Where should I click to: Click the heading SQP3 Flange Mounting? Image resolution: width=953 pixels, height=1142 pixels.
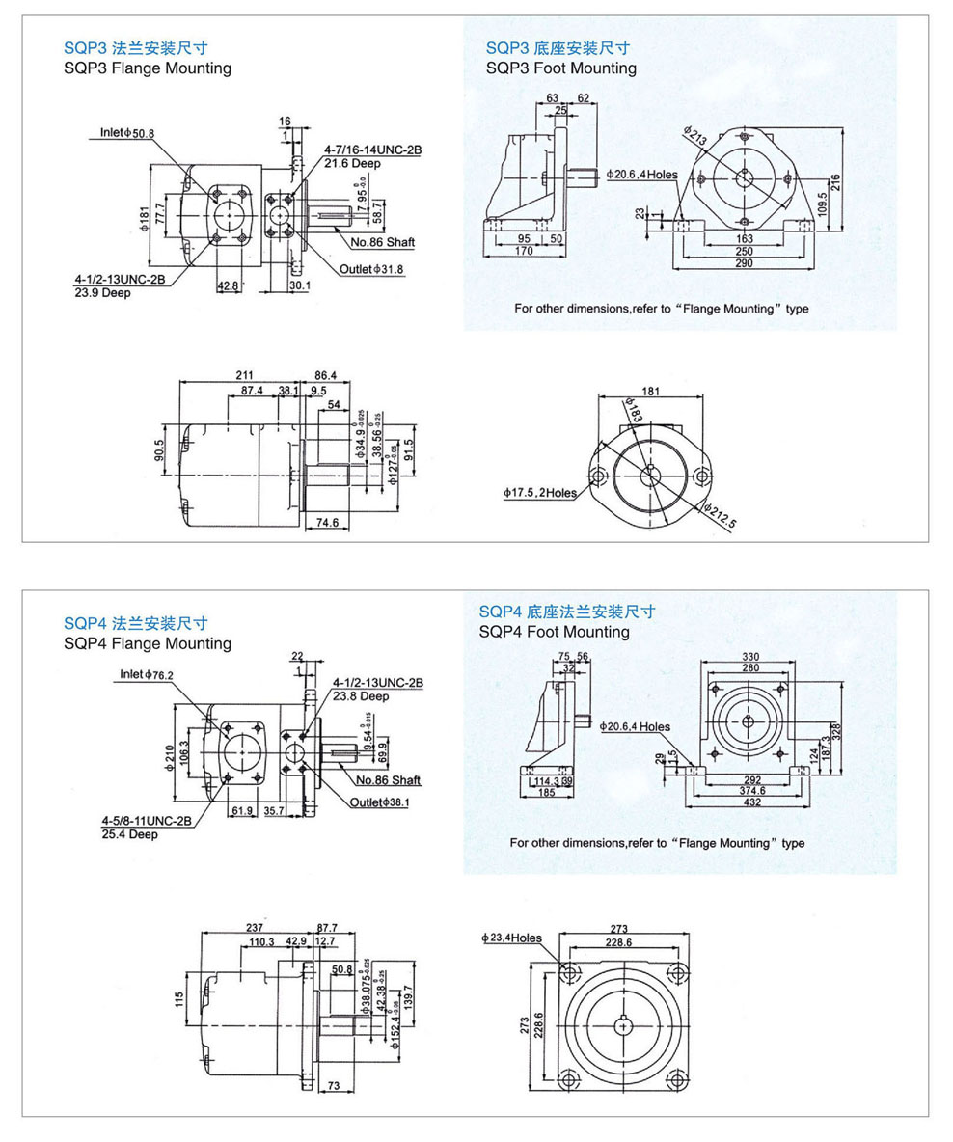tap(147, 68)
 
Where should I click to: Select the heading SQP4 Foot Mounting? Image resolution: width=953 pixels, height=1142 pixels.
tap(554, 632)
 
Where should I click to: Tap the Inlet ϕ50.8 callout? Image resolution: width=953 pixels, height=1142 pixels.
tap(127, 132)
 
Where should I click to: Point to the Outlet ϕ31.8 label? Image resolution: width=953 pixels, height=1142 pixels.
tap(371, 268)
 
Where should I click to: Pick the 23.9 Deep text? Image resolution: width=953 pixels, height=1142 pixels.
tap(102, 292)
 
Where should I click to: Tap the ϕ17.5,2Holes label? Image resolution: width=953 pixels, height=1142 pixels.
tap(539, 493)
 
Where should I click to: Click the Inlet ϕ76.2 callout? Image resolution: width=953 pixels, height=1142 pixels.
tap(147, 674)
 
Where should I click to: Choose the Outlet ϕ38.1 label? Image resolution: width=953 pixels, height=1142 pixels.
tap(379, 802)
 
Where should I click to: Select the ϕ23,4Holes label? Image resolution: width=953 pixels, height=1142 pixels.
tap(511, 938)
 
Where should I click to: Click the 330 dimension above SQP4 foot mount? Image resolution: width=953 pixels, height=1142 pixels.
tap(749, 657)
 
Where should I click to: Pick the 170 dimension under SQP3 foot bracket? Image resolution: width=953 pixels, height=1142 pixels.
tap(525, 251)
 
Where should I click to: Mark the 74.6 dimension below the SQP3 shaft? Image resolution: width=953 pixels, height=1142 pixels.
tap(328, 523)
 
